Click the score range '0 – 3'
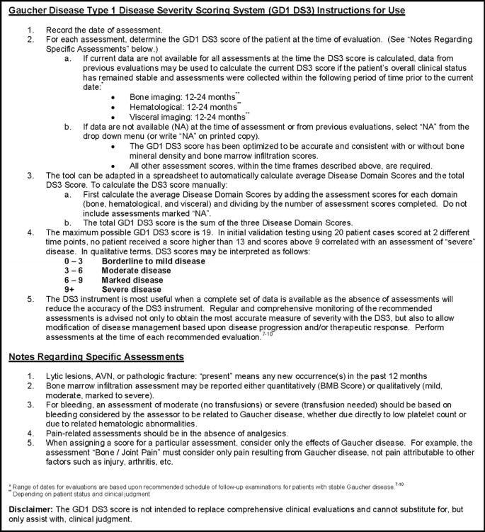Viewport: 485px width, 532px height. [74, 261]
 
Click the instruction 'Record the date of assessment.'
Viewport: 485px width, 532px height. [105, 32]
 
